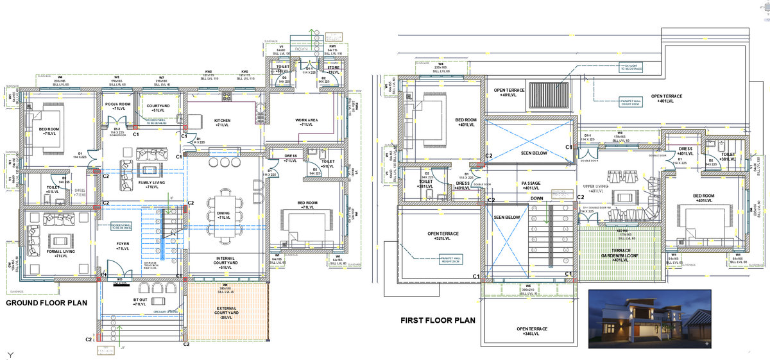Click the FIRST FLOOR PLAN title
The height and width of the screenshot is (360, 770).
click(438, 320)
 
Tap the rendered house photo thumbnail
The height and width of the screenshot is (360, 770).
click(648, 319)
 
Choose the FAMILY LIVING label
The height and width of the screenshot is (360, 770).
click(150, 184)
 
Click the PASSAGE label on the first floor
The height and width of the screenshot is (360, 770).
click(530, 184)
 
